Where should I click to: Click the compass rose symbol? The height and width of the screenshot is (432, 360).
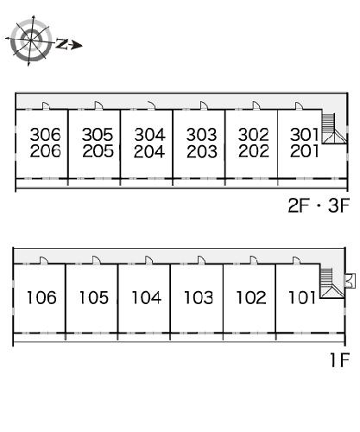pyautogui.click(x=31, y=41)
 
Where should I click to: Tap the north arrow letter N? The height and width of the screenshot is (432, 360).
pyautogui.click(x=61, y=43)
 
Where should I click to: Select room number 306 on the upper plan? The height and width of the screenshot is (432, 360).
pyautogui.click(x=46, y=134)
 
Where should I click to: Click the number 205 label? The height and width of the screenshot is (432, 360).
pyautogui.click(x=98, y=151)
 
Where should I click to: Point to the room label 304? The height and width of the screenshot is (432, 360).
pyautogui.click(x=150, y=135)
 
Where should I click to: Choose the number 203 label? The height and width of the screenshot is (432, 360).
pyautogui.click(x=202, y=151)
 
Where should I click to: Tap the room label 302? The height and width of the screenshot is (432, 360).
pyautogui.click(x=253, y=135)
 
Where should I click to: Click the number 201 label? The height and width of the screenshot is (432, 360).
pyautogui.click(x=305, y=151)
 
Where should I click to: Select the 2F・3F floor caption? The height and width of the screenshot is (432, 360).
pyautogui.click(x=319, y=206)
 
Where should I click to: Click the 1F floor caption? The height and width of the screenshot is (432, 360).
pyautogui.click(x=340, y=360)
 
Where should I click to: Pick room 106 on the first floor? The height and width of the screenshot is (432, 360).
pyautogui.click(x=41, y=297)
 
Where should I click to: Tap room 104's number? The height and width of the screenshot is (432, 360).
pyautogui.click(x=146, y=297)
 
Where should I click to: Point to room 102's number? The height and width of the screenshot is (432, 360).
pyautogui.click(x=251, y=297)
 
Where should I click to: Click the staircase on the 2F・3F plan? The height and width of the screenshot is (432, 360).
pyautogui.click(x=334, y=129)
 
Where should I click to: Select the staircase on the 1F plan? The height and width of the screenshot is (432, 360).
pyautogui.click(x=332, y=283)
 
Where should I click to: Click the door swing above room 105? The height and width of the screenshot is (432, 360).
pyautogui.click(x=96, y=260)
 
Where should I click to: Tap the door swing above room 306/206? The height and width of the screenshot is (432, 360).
pyautogui.click(x=46, y=105)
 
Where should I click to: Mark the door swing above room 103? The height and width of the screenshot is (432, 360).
pyautogui.click(x=201, y=260)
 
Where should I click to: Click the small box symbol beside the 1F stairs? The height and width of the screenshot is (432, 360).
pyautogui.click(x=350, y=281)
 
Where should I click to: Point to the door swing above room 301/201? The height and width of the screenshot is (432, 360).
pyautogui.click(x=299, y=105)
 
